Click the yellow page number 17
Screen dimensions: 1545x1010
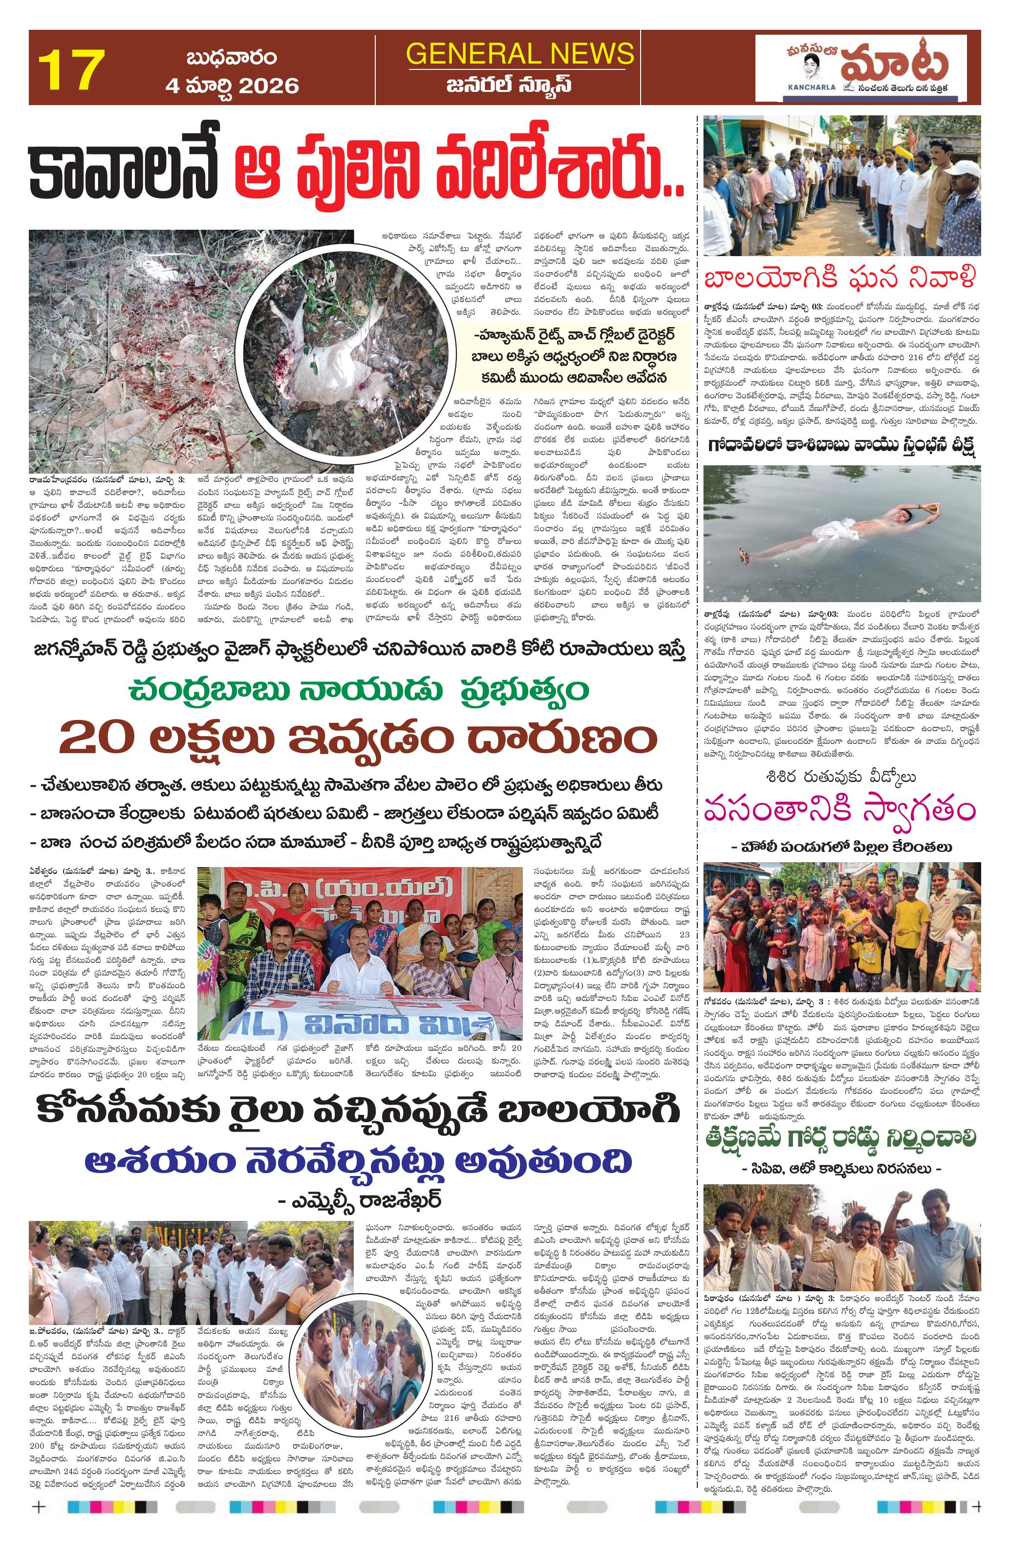[x=71, y=70]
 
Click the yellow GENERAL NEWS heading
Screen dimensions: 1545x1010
[x=519, y=53]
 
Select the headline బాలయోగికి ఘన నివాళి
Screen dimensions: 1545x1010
[x=841, y=280]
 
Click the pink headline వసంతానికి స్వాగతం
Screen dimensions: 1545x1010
[x=841, y=811]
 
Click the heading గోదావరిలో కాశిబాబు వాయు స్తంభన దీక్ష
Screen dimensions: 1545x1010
[x=841, y=446]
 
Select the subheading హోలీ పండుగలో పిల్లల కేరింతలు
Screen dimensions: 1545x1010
[x=841, y=847]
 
